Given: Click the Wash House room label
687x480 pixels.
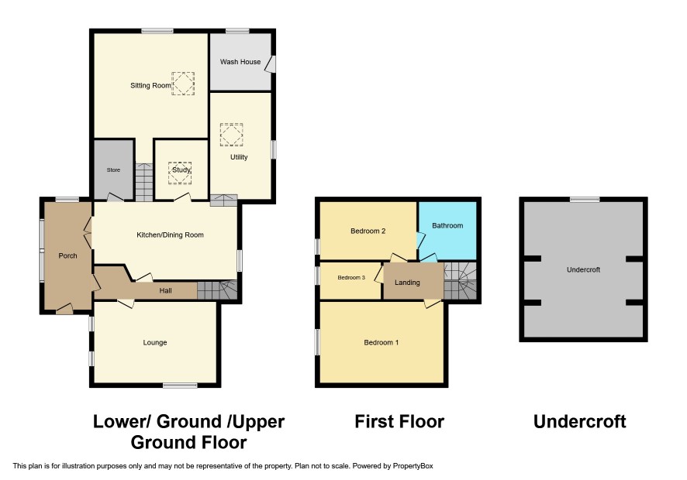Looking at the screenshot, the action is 240,62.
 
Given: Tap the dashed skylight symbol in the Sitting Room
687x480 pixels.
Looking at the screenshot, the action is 183,84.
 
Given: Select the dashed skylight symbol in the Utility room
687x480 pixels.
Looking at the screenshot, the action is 231,135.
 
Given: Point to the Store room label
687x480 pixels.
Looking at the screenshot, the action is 113,170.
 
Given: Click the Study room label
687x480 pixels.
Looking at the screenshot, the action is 181,170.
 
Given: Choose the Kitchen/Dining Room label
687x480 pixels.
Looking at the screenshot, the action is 170,235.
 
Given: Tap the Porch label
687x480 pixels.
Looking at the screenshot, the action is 67,255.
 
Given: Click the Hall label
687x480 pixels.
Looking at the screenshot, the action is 166,290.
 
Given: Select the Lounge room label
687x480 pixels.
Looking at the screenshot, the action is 155,343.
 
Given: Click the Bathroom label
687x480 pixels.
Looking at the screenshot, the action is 447,226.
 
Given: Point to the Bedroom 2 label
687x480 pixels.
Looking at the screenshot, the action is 368,231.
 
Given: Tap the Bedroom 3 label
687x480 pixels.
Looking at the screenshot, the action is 351,277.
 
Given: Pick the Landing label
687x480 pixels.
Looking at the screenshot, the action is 407,283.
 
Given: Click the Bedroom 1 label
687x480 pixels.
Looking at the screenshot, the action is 381,343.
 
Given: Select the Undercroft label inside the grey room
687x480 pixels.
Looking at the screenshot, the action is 584,269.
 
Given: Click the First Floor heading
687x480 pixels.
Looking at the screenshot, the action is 399,422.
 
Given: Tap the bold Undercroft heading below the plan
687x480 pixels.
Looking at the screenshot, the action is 580,422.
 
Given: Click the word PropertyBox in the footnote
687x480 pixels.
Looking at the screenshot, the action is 413,466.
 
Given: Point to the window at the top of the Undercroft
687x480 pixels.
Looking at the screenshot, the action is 585,200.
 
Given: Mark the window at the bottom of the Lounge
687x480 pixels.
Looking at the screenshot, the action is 180,386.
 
